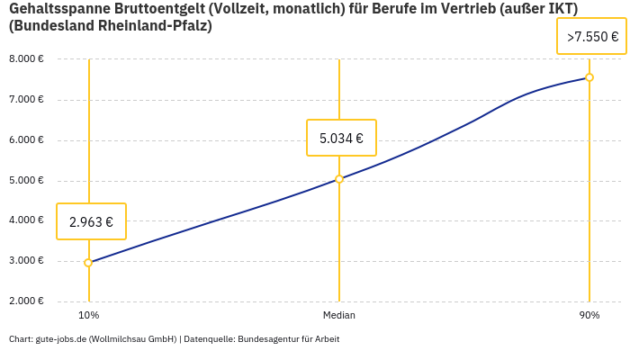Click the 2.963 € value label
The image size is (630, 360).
pos(91,221)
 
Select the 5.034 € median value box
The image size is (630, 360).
pos(341,139)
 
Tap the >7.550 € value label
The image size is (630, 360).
pos(591,37)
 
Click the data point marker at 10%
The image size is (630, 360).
pos(88,263)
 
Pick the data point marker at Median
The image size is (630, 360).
pos(339,179)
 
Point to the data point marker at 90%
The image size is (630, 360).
pos(589,77)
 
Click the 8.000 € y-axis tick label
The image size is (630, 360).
pos(26,59)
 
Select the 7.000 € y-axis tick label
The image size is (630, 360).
pos(26,99)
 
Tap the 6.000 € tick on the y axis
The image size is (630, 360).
pos(26,139)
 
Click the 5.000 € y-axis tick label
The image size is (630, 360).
pos(26,180)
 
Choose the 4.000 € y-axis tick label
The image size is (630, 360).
pos(26,220)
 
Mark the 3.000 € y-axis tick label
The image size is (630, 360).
pos(26,260)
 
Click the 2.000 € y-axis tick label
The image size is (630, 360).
pos(26,301)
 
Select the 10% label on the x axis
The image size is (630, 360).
pos(88,315)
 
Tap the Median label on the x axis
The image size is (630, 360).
pos(339,315)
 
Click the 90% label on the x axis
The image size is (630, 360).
pos(589,315)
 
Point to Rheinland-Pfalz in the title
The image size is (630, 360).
pos(157,26)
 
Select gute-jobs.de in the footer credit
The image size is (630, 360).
pos(60,339)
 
